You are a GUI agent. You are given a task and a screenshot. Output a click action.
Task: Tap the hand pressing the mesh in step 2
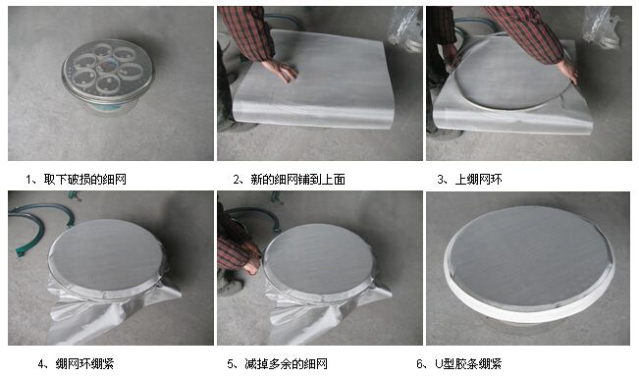pyautogui.click(x=283, y=71)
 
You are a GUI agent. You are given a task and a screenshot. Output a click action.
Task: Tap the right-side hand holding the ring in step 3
pyautogui.click(x=566, y=70)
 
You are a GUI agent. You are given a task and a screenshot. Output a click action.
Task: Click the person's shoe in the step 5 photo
pyautogui.click(x=229, y=286)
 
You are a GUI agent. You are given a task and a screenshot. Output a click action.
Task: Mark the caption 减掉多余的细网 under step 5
pyautogui.click(x=295, y=363)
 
